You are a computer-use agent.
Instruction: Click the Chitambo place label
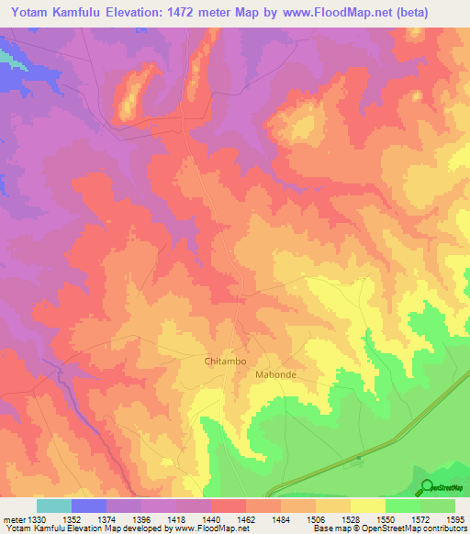click(x=225, y=362)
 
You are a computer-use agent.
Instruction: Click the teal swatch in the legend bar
click(x=54, y=506)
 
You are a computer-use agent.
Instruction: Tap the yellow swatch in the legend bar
click(x=368, y=506)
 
